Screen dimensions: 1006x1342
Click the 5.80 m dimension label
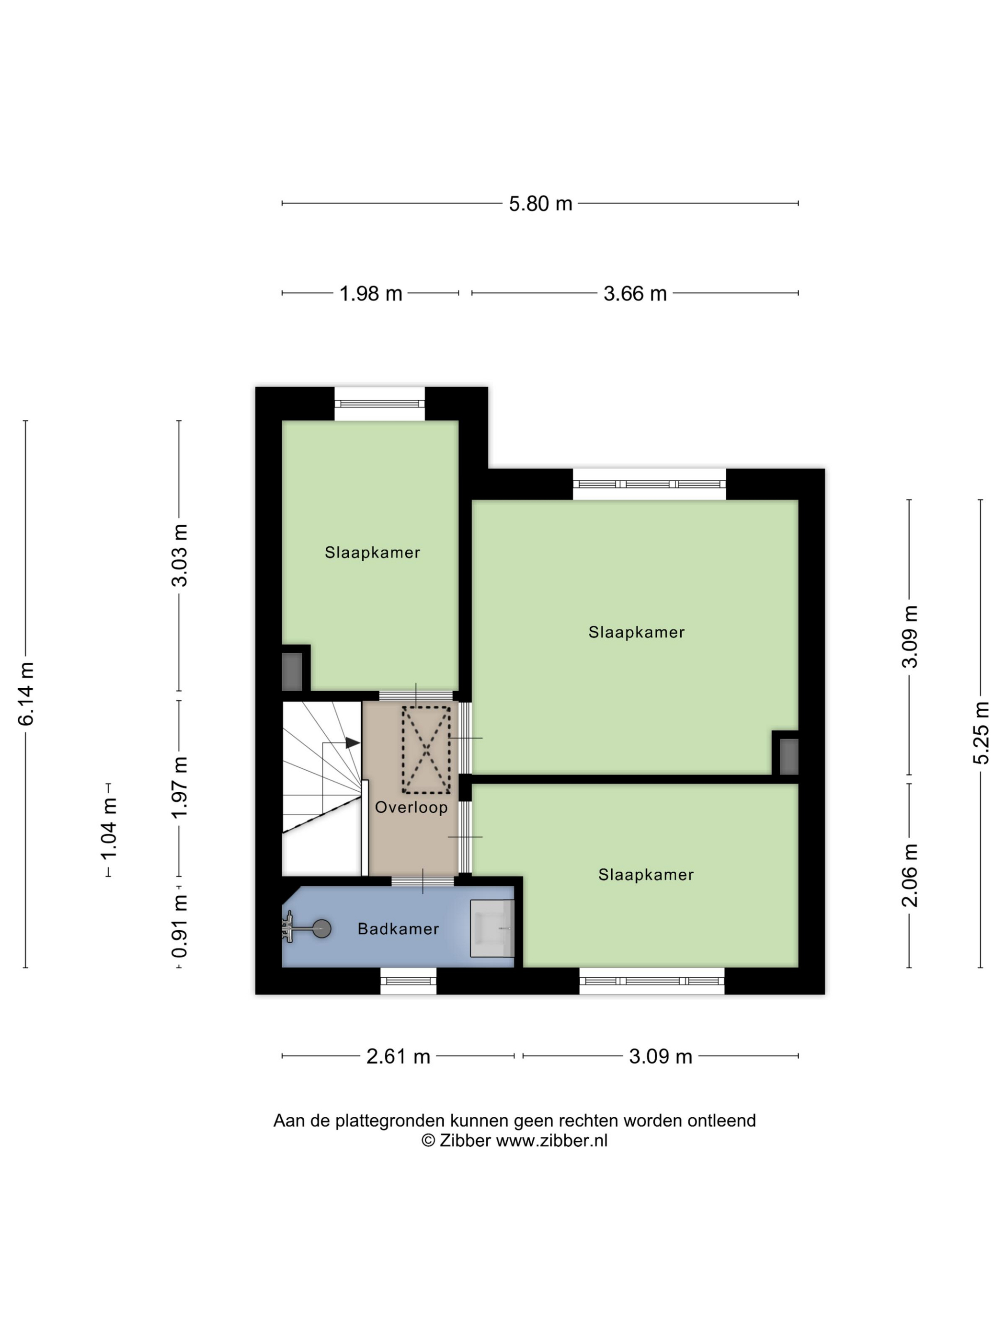pos(540,204)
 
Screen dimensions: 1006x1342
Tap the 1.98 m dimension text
pos(370,294)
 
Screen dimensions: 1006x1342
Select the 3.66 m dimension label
pos(635,294)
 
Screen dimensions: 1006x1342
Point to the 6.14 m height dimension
pos(26,694)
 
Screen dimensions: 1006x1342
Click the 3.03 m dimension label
pos(180,555)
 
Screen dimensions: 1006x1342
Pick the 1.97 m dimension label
pos(180,787)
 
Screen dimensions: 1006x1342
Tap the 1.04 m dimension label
pos(109,829)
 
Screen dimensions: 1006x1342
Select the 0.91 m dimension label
pos(180,926)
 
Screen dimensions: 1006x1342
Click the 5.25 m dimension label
pos(981,732)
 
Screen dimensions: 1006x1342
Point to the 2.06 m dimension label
pos(910,875)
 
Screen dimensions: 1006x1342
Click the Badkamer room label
pos(398,929)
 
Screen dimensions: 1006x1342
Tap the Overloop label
pos(411,808)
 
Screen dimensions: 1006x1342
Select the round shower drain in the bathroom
pos(322,928)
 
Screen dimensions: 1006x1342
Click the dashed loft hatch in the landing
pos(426,750)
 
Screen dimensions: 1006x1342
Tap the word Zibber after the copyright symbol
pos(465,1141)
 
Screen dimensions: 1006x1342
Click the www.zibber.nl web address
pos(552,1141)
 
